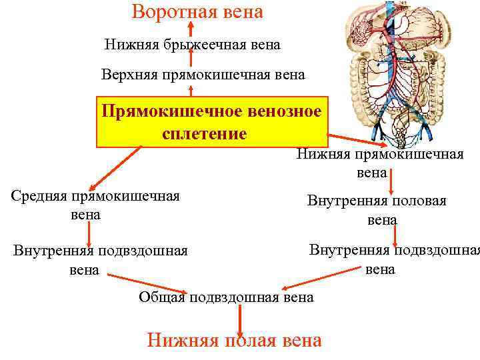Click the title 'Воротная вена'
[x=197, y=12]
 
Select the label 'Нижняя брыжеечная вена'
[x=193, y=45]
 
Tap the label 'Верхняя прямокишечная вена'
[x=203, y=74]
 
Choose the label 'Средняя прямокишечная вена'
[x=95, y=205]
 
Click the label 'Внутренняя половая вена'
[x=377, y=209]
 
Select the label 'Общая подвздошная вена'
[x=226, y=297]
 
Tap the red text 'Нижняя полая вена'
[x=234, y=341]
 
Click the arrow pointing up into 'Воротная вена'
[x=191, y=29]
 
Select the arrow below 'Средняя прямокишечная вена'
[x=89, y=233]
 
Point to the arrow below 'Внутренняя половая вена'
[x=396, y=235]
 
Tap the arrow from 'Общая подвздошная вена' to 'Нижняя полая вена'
[x=238, y=319]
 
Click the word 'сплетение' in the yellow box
[x=204, y=133]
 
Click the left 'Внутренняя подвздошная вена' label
[x=100, y=260]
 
